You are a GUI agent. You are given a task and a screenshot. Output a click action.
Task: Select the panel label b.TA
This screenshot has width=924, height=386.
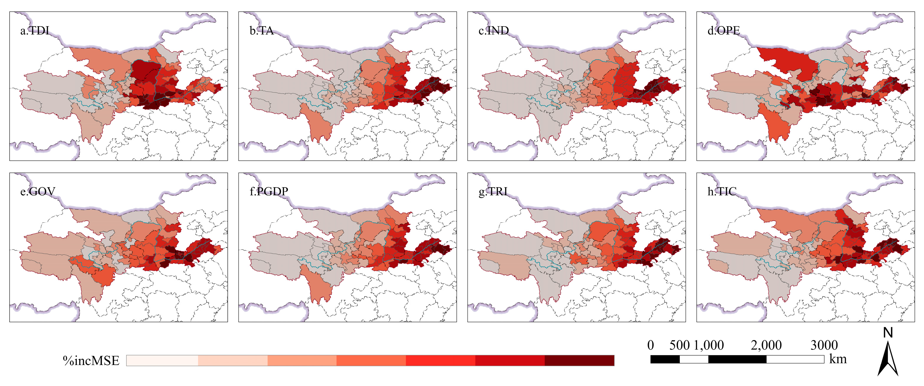click(262, 31)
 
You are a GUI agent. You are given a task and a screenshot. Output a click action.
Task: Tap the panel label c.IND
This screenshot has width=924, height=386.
click(494, 31)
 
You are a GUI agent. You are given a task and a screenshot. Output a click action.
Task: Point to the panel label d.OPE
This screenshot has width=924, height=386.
click(724, 31)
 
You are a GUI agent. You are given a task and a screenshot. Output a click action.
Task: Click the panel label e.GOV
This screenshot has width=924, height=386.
click(38, 192)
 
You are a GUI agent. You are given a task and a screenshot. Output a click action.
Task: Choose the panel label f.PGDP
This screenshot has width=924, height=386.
click(269, 192)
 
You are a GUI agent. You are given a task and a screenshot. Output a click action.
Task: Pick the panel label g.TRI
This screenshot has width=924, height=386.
click(493, 192)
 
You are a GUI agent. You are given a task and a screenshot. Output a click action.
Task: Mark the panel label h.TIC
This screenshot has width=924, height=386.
click(722, 192)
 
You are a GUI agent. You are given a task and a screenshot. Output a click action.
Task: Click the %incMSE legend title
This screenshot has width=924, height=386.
click(91, 361)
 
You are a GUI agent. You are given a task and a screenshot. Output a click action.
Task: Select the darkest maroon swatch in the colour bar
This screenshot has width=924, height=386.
click(579, 361)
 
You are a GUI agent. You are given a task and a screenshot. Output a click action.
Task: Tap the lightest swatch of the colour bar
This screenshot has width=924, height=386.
click(162, 361)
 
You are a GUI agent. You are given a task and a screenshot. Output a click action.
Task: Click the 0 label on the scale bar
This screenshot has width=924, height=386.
click(651, 345)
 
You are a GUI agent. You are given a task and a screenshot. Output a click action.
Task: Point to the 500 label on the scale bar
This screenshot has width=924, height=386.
click(679, 345)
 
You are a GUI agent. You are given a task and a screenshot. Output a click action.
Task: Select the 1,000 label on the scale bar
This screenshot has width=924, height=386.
click(709, 345)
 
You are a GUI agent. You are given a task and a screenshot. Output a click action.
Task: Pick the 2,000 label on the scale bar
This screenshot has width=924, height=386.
click(766, 345)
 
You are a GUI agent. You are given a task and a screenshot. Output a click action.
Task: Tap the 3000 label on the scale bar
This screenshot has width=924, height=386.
click(824, 345)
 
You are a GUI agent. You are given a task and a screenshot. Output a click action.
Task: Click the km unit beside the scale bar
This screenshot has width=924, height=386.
click(838, 359)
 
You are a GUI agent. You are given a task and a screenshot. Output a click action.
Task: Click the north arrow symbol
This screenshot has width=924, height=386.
click(888, 359)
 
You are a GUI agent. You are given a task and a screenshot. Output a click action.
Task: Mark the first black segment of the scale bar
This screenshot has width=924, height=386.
click(665, 359)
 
